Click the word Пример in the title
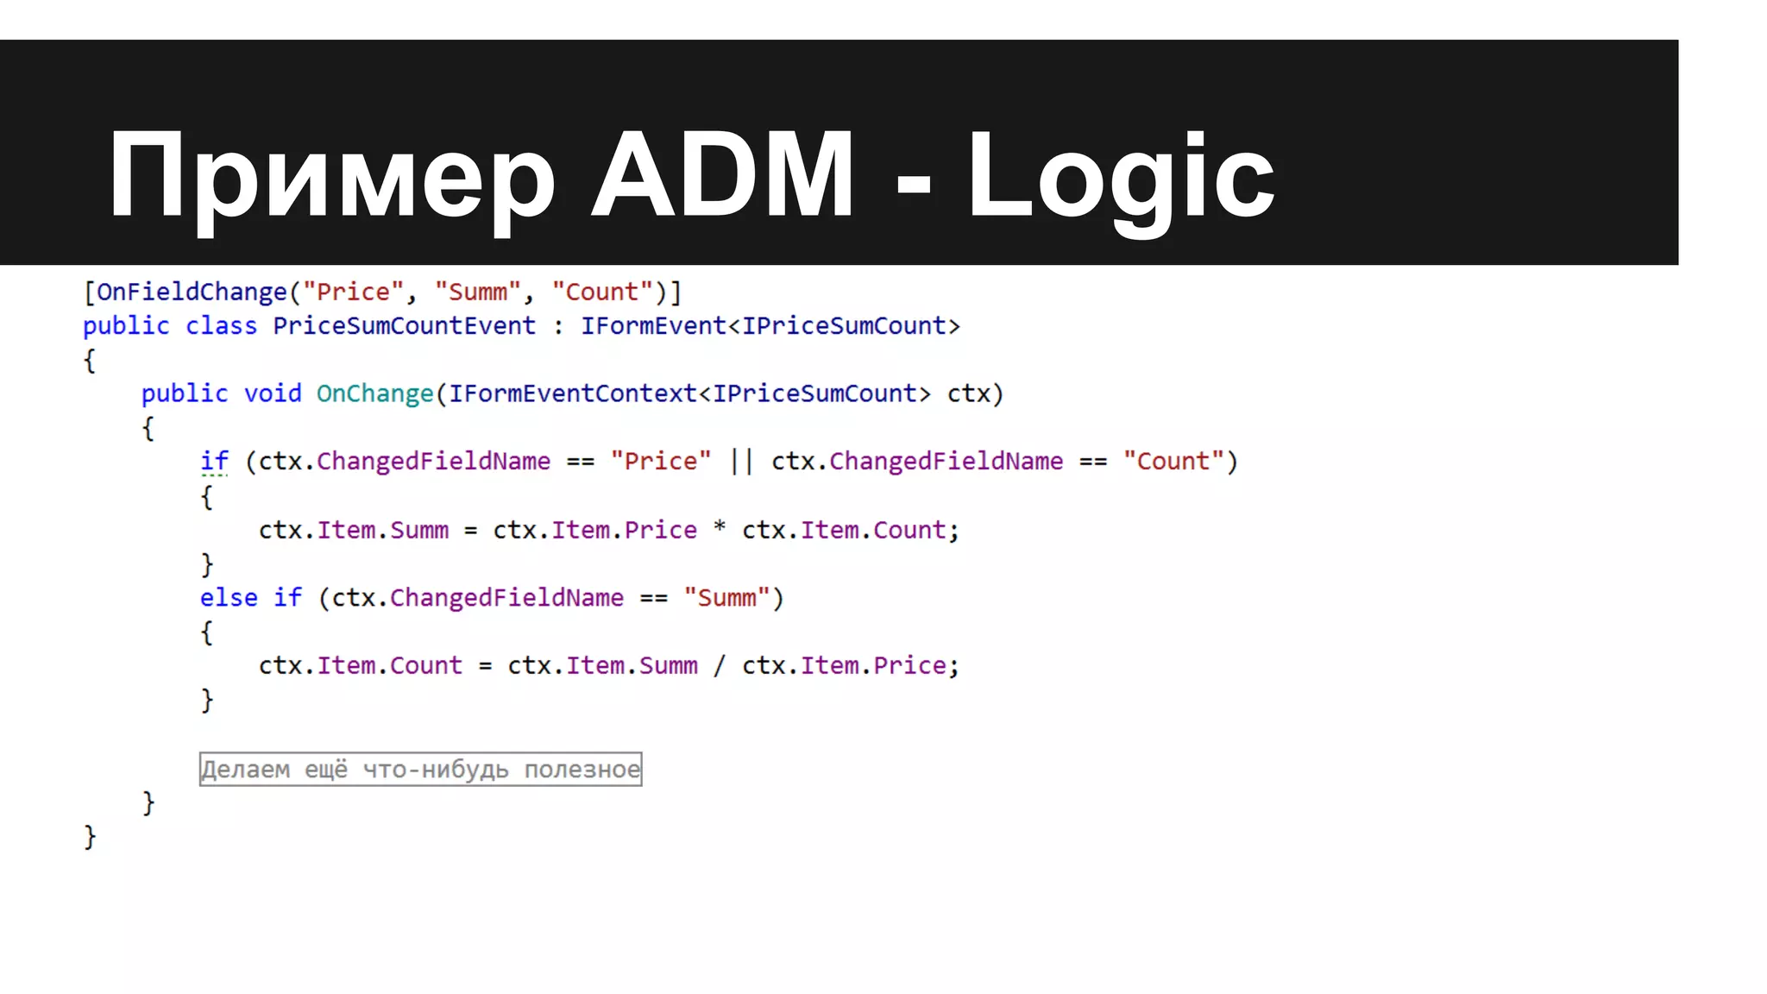pyautogui.click(x=331, y=177)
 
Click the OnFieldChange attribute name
pyautogui.click(x=192, y=293)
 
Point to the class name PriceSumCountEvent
pyautogui.click(x=404, y=326)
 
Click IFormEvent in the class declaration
pyautogui.click(x=653, y=326)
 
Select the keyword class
pyautogui.click(x=221, y=326)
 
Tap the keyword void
pyautogui.click(x=273, y=393)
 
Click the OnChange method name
pyautogui.click(x=374, y=393)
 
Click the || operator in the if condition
pyautogui.click(x=741, y=462)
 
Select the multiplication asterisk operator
pyautogui.click(x=720, y=528)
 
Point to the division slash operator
pyautogui.click(x=720, y=665)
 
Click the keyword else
pyautogui.click(x=229, y=597)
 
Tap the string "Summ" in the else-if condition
pyautogui.click(x=726, y=597)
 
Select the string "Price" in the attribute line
pyautogui.click(x=353, y=293)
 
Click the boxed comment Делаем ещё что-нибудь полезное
pyautogui.click(x=420, y=769)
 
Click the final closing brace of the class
pyautogui.click(x=90, y=836)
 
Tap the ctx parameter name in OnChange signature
pyautogui.click(x=968, y=393)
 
